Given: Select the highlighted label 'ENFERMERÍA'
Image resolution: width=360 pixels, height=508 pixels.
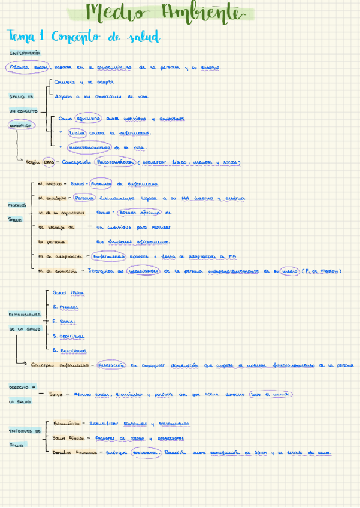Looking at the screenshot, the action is click(x=25, y=53).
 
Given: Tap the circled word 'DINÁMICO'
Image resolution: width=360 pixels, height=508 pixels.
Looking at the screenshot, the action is click(x=21, y=125).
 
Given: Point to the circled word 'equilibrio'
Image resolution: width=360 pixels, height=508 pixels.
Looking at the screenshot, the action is click(x=89, y=119).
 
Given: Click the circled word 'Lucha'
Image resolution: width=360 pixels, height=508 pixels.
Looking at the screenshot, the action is click(x=77, y=133).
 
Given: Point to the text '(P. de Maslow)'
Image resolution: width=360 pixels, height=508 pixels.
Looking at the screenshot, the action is click(x=322, y=271).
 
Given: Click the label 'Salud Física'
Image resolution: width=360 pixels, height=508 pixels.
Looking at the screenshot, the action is click(x=69, y=293).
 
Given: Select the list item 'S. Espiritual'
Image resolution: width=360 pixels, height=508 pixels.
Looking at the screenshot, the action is click(x=68, y=336).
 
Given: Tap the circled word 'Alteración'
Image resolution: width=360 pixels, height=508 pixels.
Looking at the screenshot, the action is click(x=111, y=364).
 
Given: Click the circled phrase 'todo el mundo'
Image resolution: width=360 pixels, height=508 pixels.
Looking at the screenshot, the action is click(x=271, y=394).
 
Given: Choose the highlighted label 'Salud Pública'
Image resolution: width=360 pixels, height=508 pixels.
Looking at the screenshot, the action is click(x=68, y=438).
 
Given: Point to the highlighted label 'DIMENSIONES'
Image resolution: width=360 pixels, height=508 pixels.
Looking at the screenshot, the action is click(x=25, y=315).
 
